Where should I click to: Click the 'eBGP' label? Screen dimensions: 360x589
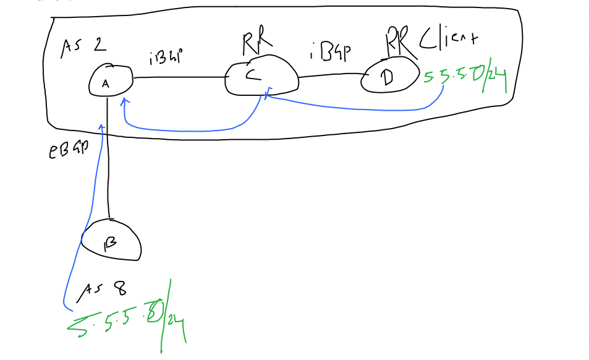(x=68, y=150)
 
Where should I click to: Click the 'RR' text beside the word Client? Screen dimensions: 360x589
(x=397, y=41)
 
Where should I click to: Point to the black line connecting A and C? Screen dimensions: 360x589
(x=179, y=78)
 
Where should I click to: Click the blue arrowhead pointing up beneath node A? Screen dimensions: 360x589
(x=124, y=101)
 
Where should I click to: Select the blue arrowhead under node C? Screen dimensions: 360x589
(x=267, y=95)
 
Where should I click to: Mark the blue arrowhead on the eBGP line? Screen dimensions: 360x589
(x=101, y=128)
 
